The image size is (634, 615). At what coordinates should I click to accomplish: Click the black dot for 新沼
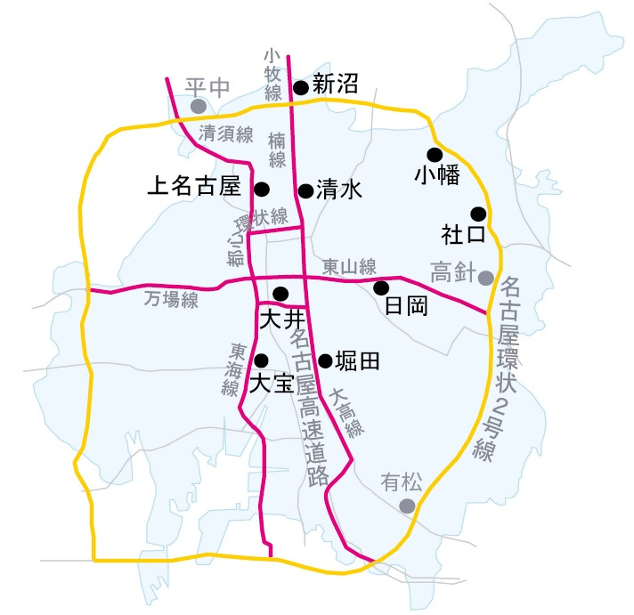(301, 87)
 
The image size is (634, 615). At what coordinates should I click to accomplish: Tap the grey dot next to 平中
(199, 106)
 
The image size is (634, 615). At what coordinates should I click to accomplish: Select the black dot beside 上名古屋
(262, 189)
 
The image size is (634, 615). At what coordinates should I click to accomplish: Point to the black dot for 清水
(305, 190)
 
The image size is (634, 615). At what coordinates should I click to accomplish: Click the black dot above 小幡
(435, 154)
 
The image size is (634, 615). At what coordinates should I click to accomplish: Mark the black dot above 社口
(478, 214)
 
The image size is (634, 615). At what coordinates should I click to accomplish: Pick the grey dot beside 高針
(485, 278)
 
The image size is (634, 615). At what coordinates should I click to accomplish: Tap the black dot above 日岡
(381, 287)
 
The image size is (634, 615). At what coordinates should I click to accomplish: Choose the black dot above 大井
(280, 294)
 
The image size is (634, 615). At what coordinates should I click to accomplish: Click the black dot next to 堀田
(325, 360)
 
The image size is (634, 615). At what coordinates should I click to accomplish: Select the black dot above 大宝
(261, 360)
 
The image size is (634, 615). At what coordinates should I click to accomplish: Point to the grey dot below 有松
(407, 506)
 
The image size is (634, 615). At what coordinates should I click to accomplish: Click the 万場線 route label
(171, 301)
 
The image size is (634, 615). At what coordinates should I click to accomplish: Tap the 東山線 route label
(349, 266)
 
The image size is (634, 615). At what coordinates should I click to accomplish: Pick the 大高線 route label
(347, 413)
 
